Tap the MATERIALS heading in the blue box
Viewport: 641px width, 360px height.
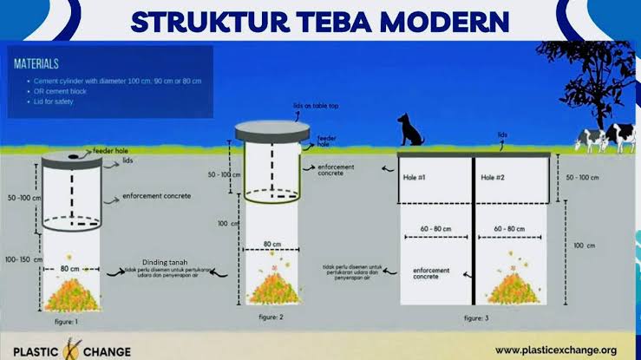coord(36,63)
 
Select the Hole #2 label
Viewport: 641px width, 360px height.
coord(495,179)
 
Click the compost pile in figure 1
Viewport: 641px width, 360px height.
coord(73,295)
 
